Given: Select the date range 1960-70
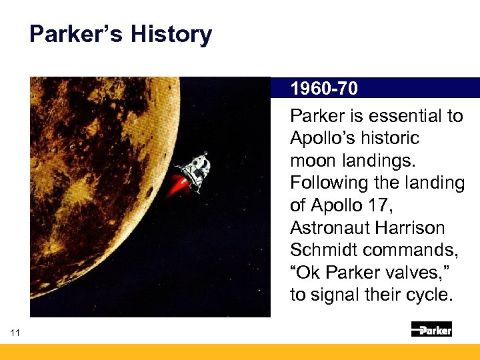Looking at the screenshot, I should pyautogui.click(x=323, y=89).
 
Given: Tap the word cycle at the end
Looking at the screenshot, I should pyautogui.click(x=429, y=295).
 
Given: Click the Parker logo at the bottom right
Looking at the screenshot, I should pyautogui.click(x=431, y=329).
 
